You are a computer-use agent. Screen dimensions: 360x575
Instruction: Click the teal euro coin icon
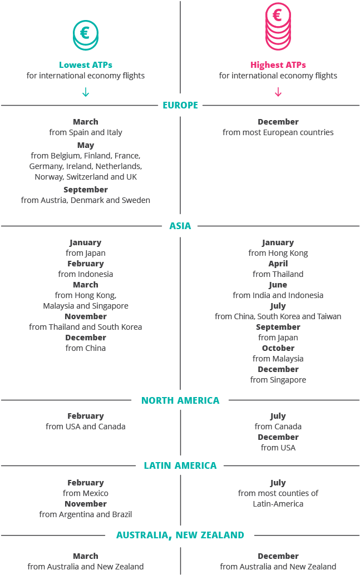pos(86,35)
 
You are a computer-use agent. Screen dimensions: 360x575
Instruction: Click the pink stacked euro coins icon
pos(278,26)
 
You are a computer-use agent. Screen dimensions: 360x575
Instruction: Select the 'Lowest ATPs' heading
pos(86,65)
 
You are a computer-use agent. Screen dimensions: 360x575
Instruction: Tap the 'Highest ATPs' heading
pos(278,65)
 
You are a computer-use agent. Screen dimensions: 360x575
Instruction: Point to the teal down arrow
pos(86,92)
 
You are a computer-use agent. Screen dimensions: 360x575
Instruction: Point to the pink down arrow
pos(278,92)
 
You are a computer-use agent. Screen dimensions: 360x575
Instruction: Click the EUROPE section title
pos(180,105)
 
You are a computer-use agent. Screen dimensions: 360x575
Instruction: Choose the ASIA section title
pos(180,226)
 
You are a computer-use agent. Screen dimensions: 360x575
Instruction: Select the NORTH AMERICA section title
pos(180,400)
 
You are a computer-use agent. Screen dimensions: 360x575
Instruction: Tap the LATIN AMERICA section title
pos(180,465)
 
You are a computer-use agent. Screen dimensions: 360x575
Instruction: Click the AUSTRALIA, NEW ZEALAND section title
pos(180,535)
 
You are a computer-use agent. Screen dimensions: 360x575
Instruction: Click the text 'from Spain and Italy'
pos(86,132)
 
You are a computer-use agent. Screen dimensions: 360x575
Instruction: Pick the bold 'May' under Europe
pos(86,146)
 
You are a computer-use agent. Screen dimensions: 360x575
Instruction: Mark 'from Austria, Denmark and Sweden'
pos(86,200)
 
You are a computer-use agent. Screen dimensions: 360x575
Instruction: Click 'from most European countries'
pos(278,132)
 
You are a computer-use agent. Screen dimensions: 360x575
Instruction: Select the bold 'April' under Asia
pos(278,264)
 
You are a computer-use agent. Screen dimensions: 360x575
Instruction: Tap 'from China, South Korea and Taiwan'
pos(278,316)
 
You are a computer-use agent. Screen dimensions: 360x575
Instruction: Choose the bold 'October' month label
pos(278,348)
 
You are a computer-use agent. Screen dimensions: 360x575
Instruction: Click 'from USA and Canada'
pos(86,427)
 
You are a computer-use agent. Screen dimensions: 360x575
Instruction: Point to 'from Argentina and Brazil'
pos(86,514)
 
